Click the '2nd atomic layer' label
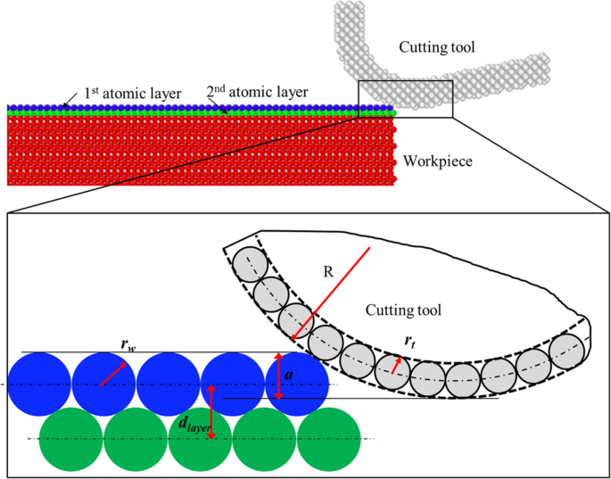(257, 92)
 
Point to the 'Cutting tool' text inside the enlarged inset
(403, 310)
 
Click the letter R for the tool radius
(327, 271)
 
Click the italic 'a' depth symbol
(291, 378)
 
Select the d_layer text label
(194, 427)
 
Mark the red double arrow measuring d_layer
(211, 411)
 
